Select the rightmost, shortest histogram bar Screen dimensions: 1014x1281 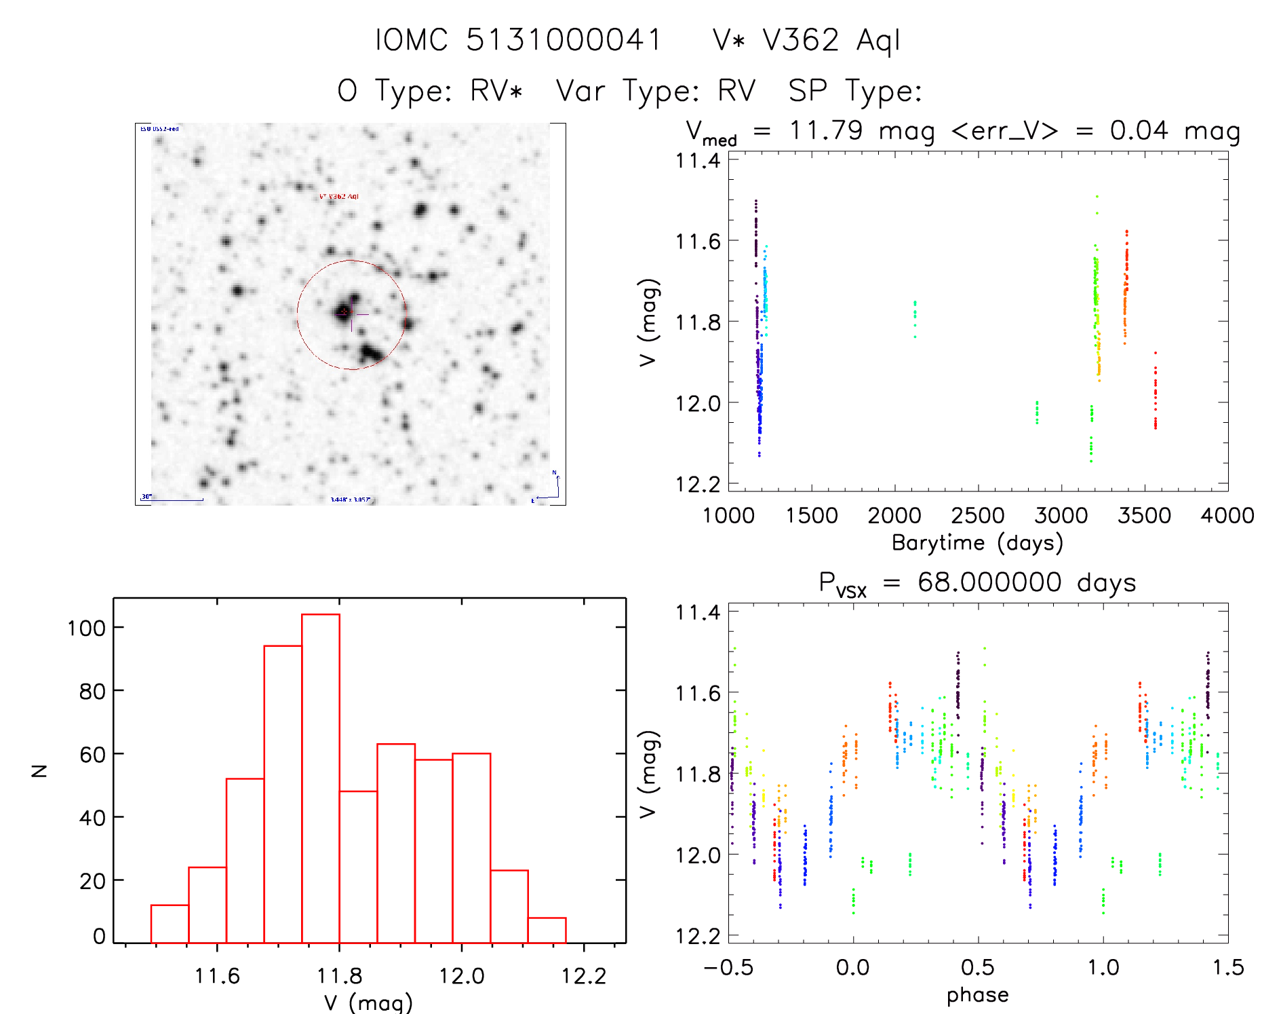point(547,930)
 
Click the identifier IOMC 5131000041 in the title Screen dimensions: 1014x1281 point(518,40)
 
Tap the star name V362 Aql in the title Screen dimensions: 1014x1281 point(831,40)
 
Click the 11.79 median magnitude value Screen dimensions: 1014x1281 point(825,130)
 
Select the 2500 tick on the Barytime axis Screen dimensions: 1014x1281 point(978,515)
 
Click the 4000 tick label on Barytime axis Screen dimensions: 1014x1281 point(1227,515)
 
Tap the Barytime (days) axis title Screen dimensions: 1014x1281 point(977,543)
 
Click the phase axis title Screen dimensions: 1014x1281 point(977,995)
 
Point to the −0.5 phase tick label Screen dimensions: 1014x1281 point(728,967)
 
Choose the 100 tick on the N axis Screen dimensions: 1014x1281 point(86,628)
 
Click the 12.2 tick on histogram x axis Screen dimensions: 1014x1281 point(584,976)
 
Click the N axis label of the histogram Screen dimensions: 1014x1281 point(40,770)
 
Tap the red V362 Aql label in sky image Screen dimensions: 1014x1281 point(339,196)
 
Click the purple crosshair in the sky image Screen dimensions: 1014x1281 point(352,315)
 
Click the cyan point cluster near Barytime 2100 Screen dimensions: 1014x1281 point(915,318)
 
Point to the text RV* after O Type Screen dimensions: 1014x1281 point(496,90)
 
